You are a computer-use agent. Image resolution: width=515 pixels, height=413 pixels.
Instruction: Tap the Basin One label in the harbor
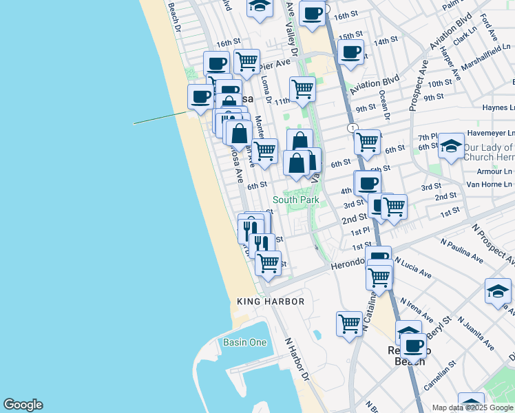[244, 342]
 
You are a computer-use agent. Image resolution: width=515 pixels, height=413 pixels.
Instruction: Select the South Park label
[295, 200]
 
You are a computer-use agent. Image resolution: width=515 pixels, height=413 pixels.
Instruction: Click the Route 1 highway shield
[352, 128]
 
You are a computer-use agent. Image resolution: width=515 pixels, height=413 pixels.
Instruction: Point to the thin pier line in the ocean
[160, 118]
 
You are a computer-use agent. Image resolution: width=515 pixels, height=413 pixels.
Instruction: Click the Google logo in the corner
[23, 405]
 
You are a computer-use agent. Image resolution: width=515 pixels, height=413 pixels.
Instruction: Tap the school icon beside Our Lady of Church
[451, 147]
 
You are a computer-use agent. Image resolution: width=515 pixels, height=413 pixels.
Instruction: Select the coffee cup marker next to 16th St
[312, 13]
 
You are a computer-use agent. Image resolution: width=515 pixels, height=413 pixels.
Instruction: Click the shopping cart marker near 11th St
[302, 89]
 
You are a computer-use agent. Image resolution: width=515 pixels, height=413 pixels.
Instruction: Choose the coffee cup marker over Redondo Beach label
[413, 346]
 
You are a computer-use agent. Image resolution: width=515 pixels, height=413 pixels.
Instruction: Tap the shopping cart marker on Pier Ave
[246, 62]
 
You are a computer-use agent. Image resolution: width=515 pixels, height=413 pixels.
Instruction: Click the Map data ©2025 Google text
[472, 407]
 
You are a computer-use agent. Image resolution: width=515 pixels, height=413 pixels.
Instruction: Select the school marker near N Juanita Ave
[498, 290]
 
